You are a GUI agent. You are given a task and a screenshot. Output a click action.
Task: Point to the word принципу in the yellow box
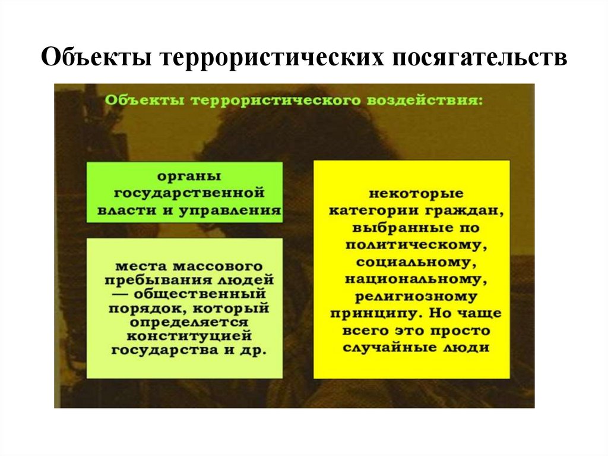(373, 313)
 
